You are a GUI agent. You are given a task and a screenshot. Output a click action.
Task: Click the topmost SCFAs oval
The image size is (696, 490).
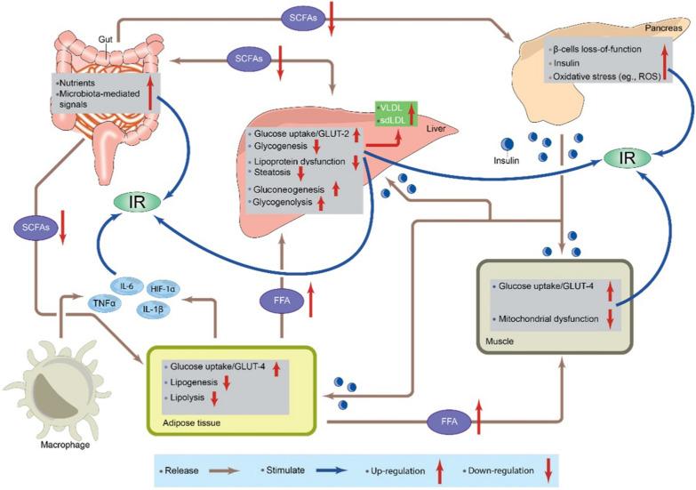click(300, 16)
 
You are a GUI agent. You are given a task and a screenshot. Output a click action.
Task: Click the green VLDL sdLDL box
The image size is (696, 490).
click(396, 114)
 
